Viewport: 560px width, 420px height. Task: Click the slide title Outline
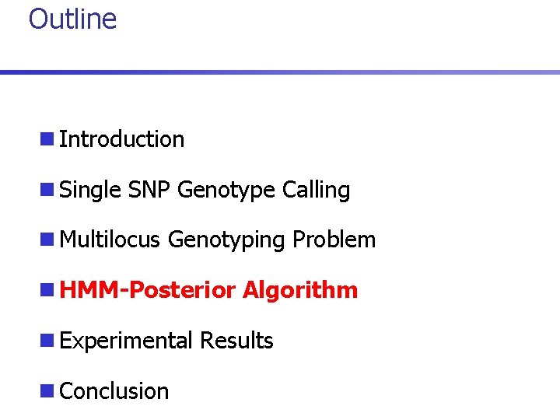[72, 19]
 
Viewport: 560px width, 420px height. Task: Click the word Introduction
[121, 139]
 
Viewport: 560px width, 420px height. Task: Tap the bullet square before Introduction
[47, 140]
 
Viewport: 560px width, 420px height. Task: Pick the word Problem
[334, 240]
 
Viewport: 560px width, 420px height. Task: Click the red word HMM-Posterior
[147, 290]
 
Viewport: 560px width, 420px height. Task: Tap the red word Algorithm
[300, 290]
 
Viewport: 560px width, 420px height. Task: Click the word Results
[236, 341]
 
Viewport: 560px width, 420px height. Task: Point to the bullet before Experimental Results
[47, 341]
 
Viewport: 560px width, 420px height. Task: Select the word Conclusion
[114, 390]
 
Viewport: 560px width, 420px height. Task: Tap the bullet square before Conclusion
[47, 391]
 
